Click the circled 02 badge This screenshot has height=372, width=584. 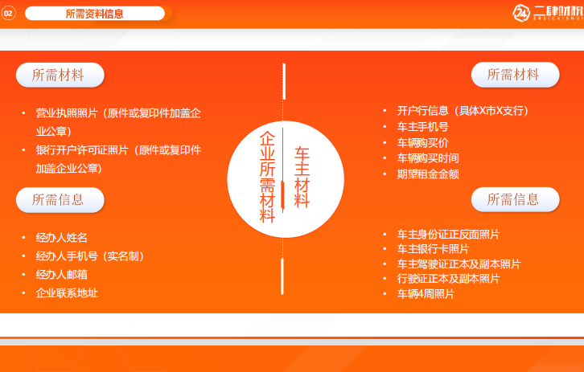(8, 14)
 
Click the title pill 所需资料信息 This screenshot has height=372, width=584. (95, 14)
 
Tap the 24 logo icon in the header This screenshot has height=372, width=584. (521, 13)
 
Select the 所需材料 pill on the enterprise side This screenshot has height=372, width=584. (60, 76)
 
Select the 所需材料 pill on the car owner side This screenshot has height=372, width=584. (515, 75)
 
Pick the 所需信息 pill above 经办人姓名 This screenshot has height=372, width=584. (60, 200)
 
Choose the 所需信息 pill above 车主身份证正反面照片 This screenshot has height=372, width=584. (515, 200)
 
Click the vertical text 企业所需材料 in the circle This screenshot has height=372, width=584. (267, 177)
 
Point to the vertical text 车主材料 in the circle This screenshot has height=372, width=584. (302, 177)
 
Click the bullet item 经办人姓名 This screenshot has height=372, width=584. (61, 237)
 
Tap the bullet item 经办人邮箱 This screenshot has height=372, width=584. (61, 275)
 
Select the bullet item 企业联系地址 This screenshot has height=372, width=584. (67, 293)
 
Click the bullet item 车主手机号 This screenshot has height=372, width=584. (423, 127)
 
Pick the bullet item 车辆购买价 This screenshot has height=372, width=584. (423, 143)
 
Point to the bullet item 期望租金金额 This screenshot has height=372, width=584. (428, 174)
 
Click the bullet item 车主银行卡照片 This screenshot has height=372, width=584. (433, 249)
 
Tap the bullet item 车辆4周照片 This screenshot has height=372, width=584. (426, 294)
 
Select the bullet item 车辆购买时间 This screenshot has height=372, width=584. (428, 158)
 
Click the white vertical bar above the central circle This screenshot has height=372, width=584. (284, 81)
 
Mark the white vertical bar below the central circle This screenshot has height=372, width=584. (282, 276)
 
